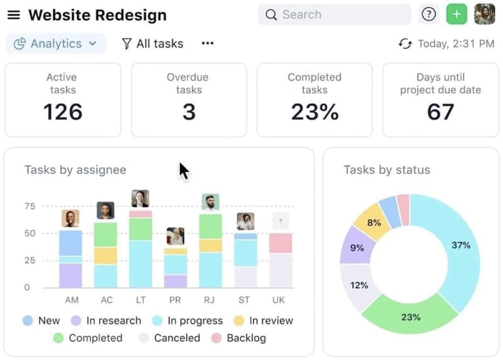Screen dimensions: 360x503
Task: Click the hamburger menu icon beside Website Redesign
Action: point(14,15)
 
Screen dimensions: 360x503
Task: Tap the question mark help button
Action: point(428,15)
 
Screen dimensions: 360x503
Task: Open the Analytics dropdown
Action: point(56,44)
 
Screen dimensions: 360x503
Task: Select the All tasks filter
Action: point(153,44)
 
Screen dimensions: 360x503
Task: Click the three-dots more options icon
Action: point(207,44)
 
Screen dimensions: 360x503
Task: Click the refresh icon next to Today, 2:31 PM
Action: point(405,44)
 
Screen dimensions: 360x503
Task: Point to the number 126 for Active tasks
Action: point(63,112)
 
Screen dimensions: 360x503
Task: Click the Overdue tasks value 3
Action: point(189,112)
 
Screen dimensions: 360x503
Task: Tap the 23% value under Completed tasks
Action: point(314,112)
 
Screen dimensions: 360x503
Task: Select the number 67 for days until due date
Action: point(440,112)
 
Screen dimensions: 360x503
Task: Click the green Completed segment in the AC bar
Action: point(106,235)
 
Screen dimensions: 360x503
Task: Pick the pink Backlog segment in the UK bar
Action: point(280,243)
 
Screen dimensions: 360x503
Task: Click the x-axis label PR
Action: point(175,300)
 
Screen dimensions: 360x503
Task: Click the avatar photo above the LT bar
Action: point(140,199)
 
